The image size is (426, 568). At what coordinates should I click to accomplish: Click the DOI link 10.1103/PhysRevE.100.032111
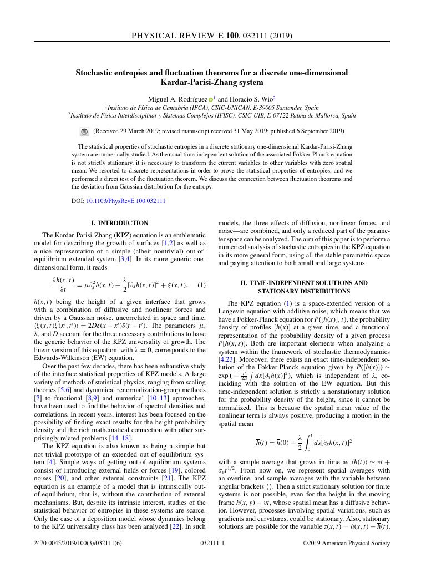126,201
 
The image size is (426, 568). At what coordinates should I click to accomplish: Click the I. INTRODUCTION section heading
119,223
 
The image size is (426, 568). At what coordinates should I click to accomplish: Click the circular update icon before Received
84,131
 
